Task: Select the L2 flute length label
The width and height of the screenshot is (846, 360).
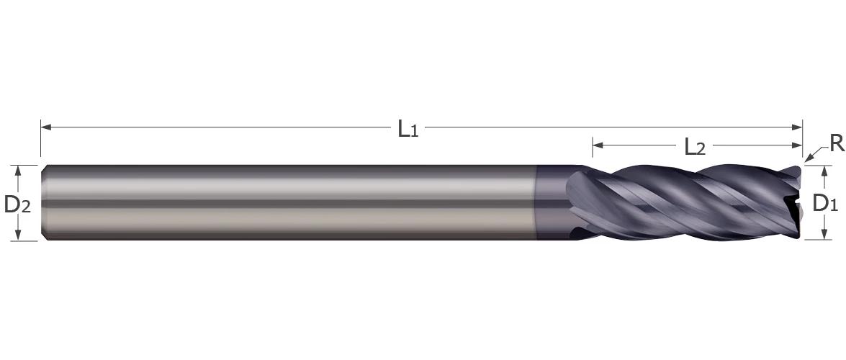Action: click(694, 148)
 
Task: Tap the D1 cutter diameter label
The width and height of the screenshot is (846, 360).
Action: click(824, 204)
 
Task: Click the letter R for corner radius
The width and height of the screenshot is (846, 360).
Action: click(836, 144)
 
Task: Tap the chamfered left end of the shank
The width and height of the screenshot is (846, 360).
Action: click(44, 202)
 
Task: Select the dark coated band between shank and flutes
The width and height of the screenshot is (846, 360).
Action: click(552, 202)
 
